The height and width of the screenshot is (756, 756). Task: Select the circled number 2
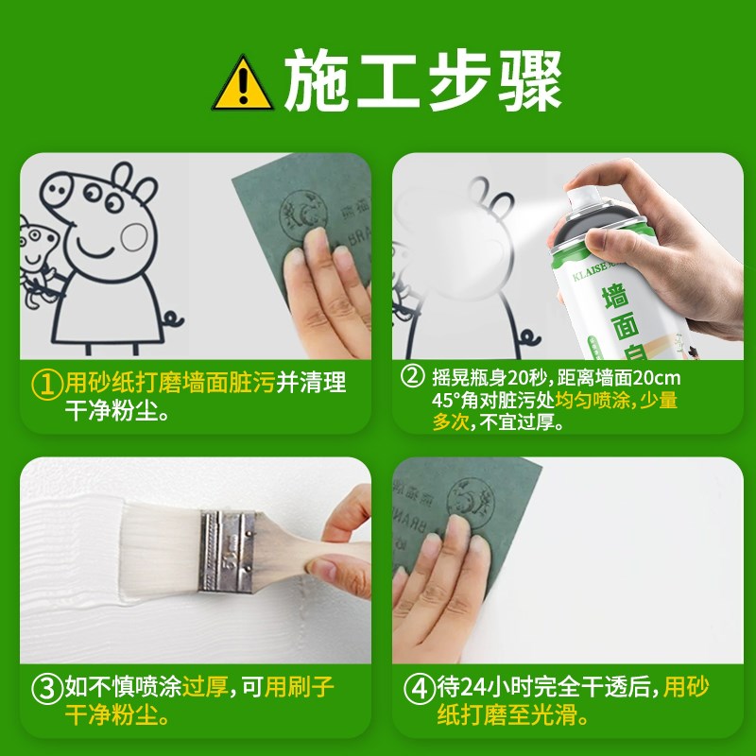pyautogui.click(x=412, y=377)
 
